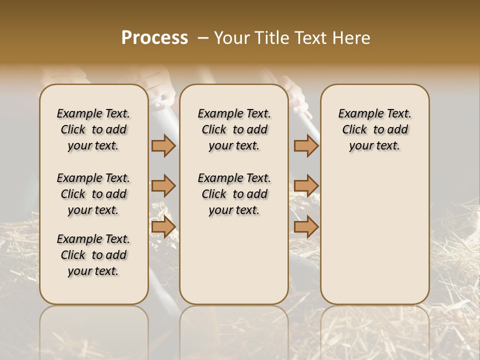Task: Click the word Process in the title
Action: click(x=154, y=38)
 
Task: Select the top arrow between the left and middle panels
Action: click(x=163, y=145)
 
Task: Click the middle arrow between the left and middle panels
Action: click(x=163, y=186)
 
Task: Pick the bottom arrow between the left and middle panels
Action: click(x=163, y=227)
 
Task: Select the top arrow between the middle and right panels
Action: click(x=306, y=145)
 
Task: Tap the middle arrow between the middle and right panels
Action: click(x=306, y=186)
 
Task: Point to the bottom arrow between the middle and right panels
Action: click(x=306, y=227)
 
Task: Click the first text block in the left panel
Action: click(x=93, y=129)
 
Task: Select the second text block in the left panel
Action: click(x=93, y=194)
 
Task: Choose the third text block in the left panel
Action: click(x=93, y=255)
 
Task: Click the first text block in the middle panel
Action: click(x=234, y=129)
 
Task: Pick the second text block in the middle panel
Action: click(x=234, y=194)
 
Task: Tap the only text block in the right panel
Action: click(x=374, y=129)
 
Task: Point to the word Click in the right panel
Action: click(x=354, y=130)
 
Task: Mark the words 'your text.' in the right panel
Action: click(x=374, y=146)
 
